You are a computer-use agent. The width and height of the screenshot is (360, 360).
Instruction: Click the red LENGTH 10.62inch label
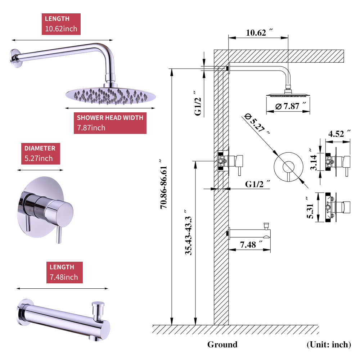coord(61,24)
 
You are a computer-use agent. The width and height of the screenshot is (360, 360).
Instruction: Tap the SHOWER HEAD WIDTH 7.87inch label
coord(110,123)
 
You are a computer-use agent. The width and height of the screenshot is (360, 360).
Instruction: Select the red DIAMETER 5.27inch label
coord(40,153)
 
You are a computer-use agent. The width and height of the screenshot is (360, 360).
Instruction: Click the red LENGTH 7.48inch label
coord(64,272)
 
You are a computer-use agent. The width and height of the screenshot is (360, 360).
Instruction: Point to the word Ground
coord(222,345)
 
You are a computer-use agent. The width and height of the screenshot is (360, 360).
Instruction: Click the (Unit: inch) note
coord(328,345)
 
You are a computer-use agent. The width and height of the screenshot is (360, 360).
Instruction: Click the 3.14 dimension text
coord(313,162)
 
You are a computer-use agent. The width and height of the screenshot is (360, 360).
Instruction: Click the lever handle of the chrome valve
coord(59,235)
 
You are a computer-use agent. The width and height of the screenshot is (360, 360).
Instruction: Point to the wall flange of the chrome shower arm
coord(15,58)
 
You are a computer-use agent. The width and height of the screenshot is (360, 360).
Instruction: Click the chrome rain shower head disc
coord(111,95)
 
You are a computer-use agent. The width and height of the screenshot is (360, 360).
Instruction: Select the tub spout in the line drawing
coord(248,234)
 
